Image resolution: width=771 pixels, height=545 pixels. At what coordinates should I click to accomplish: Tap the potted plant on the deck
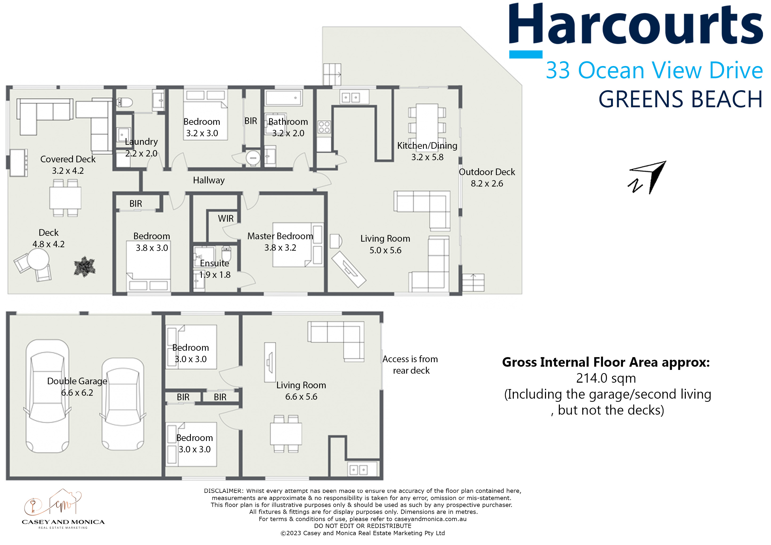click(84, 267)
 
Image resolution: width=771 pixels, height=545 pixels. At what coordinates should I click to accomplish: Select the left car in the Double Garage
click(47, 396)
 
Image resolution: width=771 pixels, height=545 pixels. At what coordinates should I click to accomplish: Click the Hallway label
click(208, 180)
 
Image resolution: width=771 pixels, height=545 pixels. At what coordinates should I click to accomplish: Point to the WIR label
click(226, 219)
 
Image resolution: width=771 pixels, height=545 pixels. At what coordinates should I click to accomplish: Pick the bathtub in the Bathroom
click(284, 98)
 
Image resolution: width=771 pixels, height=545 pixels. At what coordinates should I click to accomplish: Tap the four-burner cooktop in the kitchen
click(324, 127)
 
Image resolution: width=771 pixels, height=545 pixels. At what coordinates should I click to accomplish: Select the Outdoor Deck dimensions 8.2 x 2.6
click(487, 184)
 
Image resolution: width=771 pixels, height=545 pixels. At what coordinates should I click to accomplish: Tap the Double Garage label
click(77, 381)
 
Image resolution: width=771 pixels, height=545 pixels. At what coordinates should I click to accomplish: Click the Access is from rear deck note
click(410, 365)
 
